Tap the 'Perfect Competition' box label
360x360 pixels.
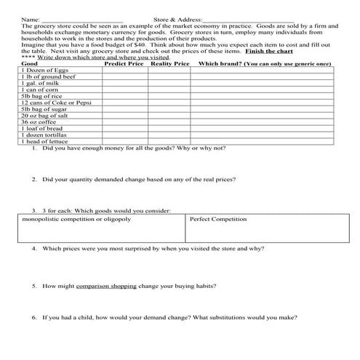pos(217,219)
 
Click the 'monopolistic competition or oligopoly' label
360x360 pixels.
pos(76,219)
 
